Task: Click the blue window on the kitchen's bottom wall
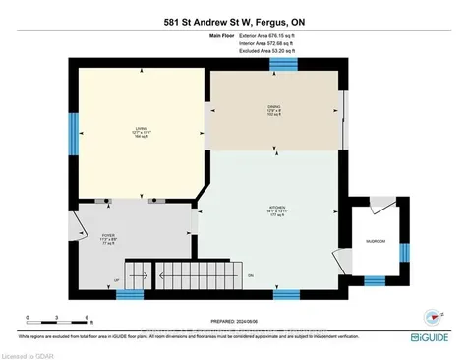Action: (x=286, y=293)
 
